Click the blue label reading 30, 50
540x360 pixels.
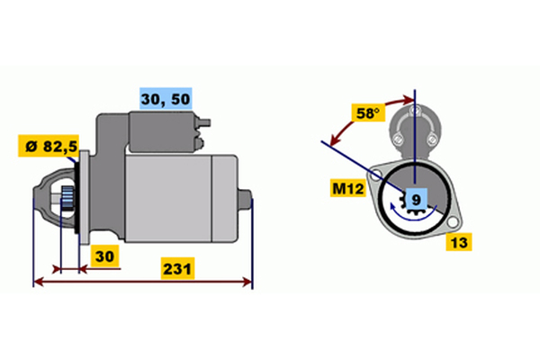[x=166, y=98]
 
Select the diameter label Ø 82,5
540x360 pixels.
[x=49, y=146]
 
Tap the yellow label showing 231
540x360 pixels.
[x=177, y=268]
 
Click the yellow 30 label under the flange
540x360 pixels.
[x=104, y=256]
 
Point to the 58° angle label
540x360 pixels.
[x=368, y=112]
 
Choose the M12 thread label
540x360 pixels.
[x=347, y=188]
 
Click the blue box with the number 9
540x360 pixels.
[x=417, y=200]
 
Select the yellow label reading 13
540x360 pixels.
[x=459, y=242]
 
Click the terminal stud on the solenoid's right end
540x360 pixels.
[x=204, y=122]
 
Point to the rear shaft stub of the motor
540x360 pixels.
[x=246, y=200]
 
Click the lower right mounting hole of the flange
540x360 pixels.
[x=453, y=222]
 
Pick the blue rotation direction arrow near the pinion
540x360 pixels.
[x=411, y=215]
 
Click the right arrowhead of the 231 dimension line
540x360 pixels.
[x=247, y=282]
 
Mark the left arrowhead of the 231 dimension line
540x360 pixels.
[x=40, y=282]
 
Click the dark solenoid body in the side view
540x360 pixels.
[x=162, y=131]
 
